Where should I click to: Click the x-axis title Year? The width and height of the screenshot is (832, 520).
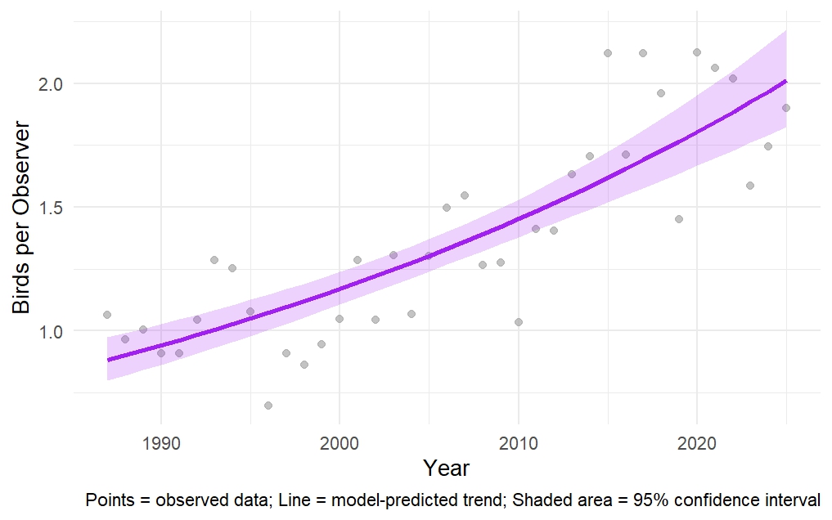point(447,468)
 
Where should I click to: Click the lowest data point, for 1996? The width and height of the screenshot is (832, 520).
point(268,406)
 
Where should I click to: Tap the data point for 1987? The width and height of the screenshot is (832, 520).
point(107,315)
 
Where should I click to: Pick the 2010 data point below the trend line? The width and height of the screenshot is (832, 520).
point(518,322)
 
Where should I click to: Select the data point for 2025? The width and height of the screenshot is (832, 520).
point(785,108)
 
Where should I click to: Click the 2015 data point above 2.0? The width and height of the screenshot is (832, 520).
point(608,53)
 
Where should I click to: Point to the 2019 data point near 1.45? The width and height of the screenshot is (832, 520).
point(679,219)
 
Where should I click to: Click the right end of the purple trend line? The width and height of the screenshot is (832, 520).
point(785,81)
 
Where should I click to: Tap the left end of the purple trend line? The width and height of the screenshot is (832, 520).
point(108,360)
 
